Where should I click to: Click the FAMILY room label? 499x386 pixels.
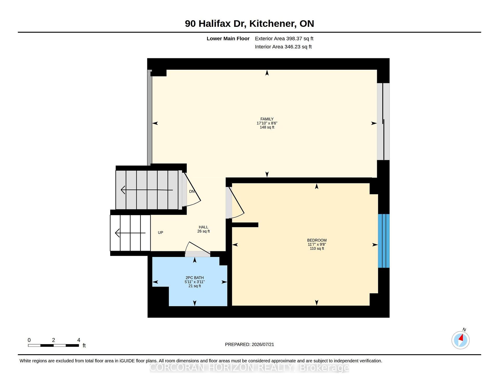tap(267, 119)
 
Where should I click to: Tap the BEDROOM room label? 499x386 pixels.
tap(317, 240)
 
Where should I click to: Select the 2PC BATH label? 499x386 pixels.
tap(195, 278)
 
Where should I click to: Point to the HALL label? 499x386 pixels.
tap(203, 227)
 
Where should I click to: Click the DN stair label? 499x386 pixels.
tap(192, 191)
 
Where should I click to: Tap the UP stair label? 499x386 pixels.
tap(161, 233)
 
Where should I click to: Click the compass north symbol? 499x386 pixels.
tap(461, 340)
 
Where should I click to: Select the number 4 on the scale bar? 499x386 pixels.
tap(79, 340)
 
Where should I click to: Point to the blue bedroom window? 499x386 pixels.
tap(384, 241)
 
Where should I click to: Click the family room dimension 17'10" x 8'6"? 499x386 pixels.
tap(267, 123)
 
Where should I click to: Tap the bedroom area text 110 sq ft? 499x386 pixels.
tap(317, 248)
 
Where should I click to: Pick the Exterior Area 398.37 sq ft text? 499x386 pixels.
tap(284, 38)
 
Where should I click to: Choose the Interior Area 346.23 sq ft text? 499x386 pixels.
tap(283, 47)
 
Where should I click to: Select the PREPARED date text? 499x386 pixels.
tap(249, 344)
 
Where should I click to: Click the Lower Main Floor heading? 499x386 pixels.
tap(228, 38)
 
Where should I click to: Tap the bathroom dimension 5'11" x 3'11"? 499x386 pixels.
tap(195, 282)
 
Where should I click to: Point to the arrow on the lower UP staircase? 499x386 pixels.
tap(130, 233)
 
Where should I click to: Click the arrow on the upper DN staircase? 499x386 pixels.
tap(147, 190)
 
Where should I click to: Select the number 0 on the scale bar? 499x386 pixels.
tap(29, 340)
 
